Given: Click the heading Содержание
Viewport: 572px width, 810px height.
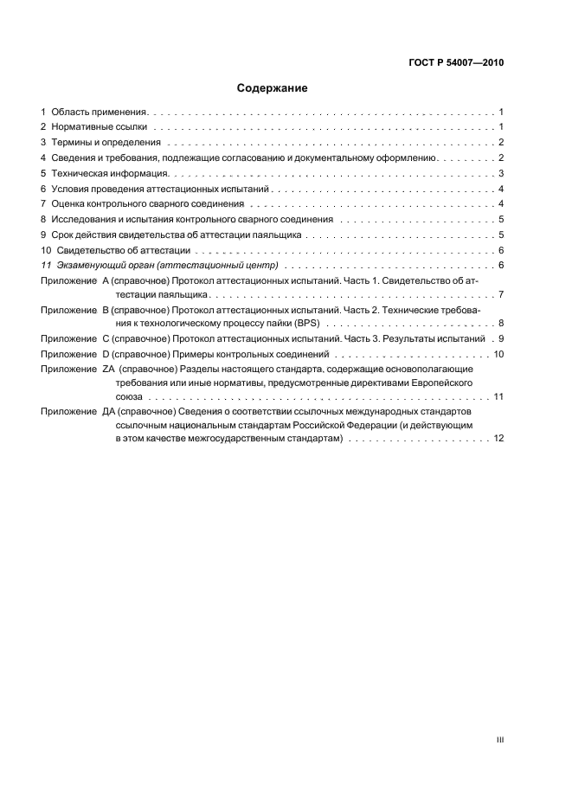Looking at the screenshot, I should (273, 88).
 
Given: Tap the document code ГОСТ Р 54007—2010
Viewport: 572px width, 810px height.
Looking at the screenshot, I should (456, 63).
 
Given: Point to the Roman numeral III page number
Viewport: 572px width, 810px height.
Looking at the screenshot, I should (499, 740).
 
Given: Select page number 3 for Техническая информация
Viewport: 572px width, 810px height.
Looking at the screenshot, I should (501, 173).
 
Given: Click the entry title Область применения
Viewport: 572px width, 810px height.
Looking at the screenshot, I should (100, 112).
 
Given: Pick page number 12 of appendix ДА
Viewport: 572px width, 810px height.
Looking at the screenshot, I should (498, 439).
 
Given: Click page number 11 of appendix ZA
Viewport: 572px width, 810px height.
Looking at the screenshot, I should (498, 395).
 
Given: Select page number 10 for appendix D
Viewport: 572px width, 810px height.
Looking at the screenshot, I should (498, 355).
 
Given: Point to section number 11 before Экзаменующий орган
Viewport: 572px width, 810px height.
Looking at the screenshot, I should (46, 264).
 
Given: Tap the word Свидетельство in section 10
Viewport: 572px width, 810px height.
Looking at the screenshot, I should (90, 249).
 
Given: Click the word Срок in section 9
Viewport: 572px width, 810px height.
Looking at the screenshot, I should (62, 234).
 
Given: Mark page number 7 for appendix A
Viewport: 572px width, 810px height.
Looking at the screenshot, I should (501, 295).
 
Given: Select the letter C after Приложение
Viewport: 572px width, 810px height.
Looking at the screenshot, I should (106, 339).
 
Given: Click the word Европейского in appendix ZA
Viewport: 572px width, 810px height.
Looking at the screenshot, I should (440, 382).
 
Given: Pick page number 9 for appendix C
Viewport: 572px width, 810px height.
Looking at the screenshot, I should (500, 339).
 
